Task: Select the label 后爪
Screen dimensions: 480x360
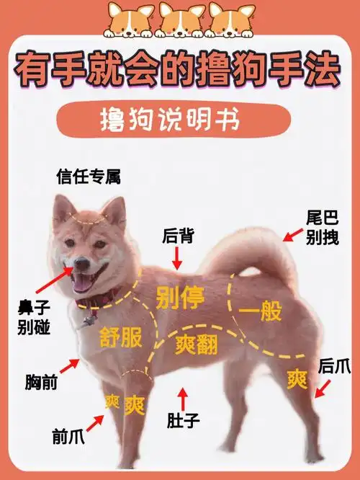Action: tap(334, 365)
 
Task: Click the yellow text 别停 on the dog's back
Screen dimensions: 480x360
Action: tap(180, 296)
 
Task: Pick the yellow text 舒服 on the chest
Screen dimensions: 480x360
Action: tap(120, 337)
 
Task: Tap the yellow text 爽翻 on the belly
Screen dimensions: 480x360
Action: tap(196, 345)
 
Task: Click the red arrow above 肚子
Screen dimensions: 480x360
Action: tap(183, 398)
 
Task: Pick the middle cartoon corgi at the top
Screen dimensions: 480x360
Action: tap(179, 19)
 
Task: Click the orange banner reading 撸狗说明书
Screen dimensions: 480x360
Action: tap(179, 120)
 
